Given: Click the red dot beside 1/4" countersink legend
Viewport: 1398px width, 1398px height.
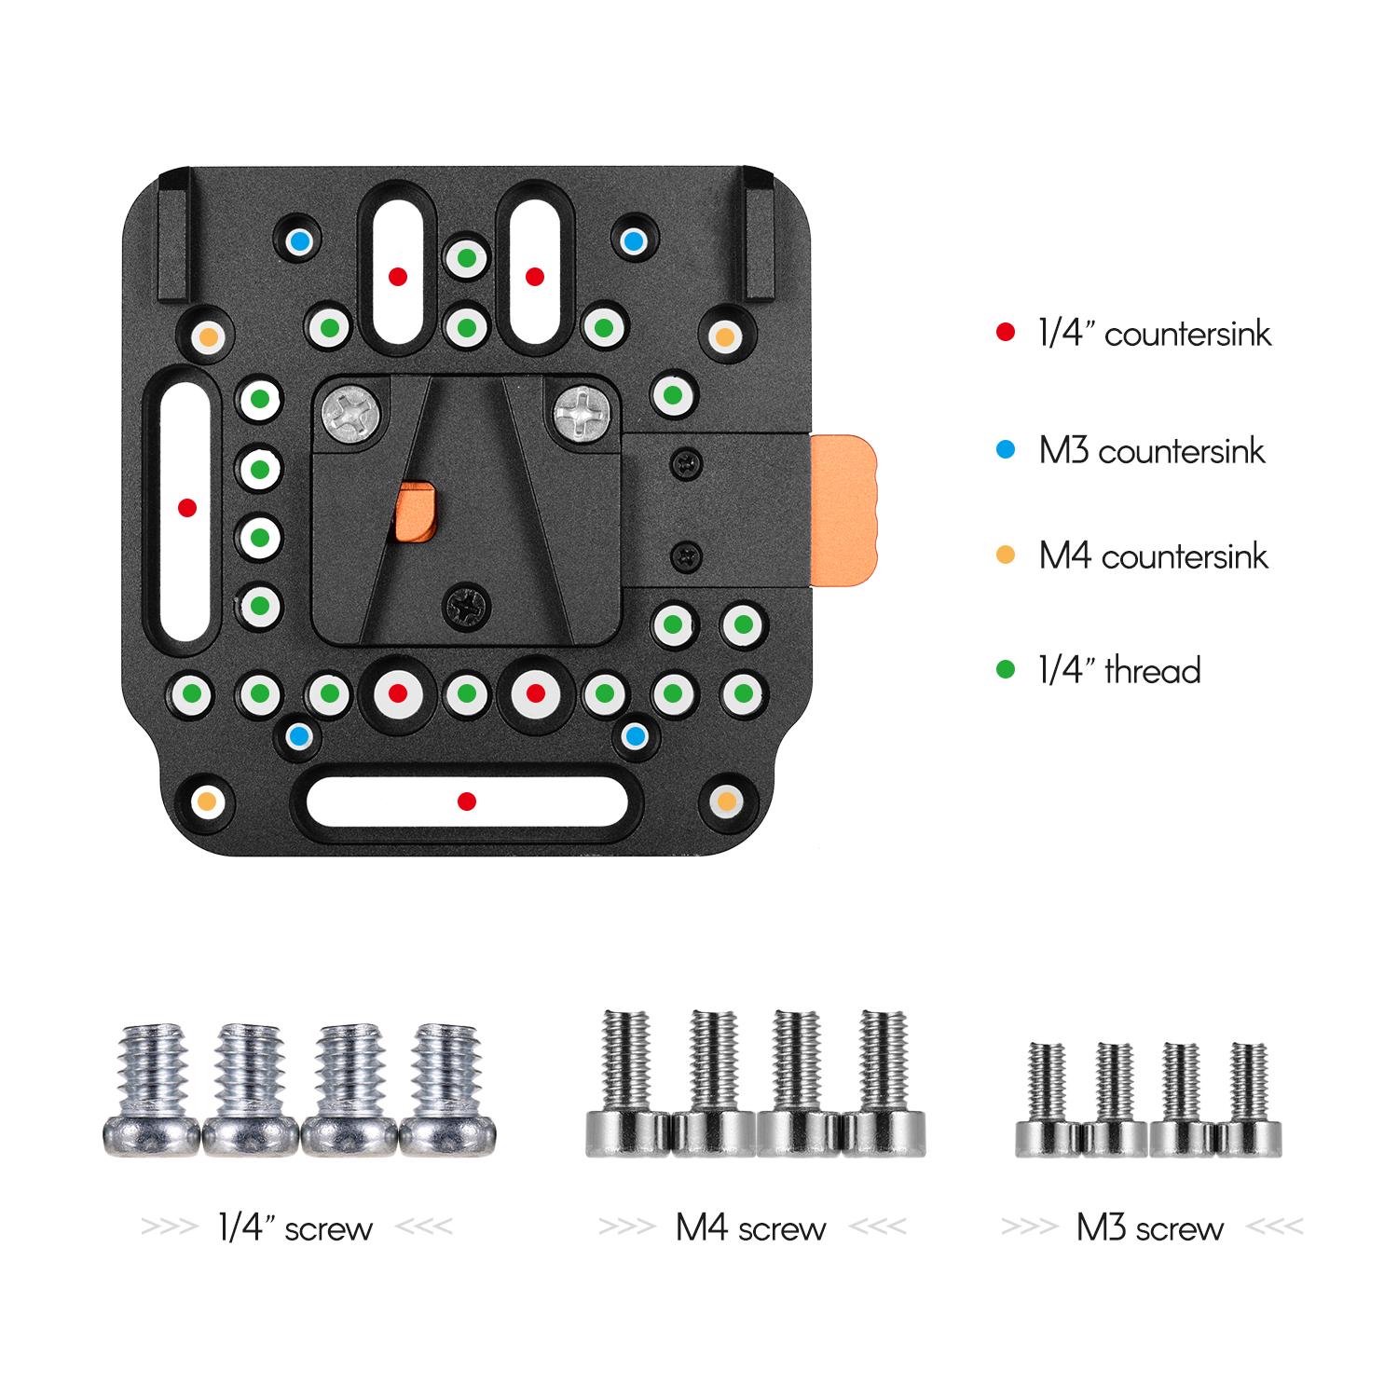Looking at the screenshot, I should coord(1005,332).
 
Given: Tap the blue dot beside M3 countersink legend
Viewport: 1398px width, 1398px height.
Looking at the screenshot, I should coord(1005,450).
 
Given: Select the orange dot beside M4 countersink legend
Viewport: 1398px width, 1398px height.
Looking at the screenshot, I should coord(1005,555).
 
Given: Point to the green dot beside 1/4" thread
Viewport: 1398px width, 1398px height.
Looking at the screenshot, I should coord(1005,669).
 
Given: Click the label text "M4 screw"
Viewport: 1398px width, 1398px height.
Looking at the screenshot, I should coord(750,1228).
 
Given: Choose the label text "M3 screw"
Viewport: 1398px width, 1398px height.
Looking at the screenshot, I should coord(1149,1228).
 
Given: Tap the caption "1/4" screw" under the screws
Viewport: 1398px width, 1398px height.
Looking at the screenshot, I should coord(295,1228).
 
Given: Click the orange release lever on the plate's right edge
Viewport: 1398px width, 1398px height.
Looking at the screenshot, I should coord(844,510).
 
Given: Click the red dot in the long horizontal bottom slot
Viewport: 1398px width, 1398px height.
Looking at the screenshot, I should coord(467,802).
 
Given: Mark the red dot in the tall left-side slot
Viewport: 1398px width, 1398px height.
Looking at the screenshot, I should coord(187,508).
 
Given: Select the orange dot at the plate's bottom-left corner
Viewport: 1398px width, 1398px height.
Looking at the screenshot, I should coord(208,801).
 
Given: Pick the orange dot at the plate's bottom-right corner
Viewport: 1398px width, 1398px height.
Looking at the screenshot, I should coord(726,801).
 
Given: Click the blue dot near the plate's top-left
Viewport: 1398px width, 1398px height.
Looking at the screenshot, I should coord(298,242).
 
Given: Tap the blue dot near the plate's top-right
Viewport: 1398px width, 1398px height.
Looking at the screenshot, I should coord(633,242).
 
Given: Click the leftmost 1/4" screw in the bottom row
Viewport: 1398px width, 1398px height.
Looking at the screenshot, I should coord(150,1090).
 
